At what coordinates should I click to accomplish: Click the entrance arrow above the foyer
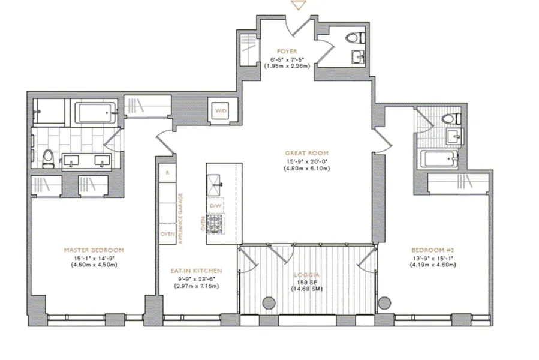297,5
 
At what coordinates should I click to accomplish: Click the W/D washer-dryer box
221,110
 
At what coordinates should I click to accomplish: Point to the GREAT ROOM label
308,153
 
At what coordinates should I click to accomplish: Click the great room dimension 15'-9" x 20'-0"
308,161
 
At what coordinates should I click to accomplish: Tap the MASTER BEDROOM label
95,250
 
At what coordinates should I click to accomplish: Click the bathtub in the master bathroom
94,113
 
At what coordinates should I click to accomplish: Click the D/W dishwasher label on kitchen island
215,206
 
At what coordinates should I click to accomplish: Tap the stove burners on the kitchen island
216,229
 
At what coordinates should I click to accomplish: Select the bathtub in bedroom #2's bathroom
439,160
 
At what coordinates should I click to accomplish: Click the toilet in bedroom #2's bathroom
449,120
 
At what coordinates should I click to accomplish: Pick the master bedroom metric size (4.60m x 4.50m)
95,264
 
